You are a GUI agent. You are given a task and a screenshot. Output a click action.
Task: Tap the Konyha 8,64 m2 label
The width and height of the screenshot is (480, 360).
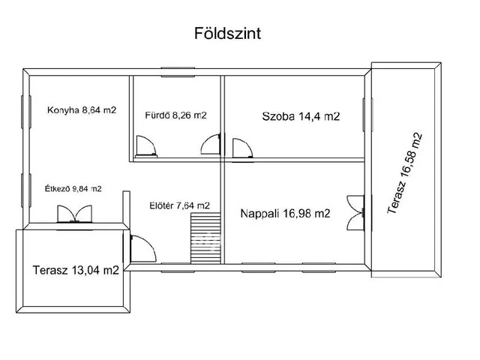tap(82, 109)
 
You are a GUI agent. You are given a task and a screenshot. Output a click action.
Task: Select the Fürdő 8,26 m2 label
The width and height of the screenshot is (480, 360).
tap(175, 115)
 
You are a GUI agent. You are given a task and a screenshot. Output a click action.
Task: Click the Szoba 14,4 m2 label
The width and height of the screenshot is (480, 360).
tap(301, 116)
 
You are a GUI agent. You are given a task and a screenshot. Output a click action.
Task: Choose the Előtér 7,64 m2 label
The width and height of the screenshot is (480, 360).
tap(179, 205)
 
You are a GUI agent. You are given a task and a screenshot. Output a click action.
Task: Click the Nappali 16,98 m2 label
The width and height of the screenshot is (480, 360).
tap(285, 214)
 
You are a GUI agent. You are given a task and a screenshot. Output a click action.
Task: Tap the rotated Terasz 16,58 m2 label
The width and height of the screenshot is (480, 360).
tap(406, 174)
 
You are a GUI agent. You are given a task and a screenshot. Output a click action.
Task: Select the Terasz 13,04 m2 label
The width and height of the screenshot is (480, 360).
tap(76, 271)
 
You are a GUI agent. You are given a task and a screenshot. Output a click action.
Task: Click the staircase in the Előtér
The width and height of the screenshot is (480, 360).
tap(205, 239)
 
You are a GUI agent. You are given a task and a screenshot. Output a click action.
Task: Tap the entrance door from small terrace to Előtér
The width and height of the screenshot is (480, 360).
tap(140, 247)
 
